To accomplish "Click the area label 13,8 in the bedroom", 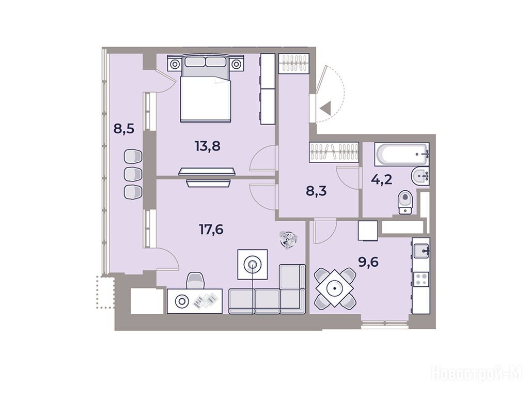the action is coord(208,146).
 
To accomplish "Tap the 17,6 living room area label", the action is coord(211,230).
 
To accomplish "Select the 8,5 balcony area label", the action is coord(124,129).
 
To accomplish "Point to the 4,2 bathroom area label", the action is coord(382,179).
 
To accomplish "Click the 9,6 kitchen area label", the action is coord(368,262).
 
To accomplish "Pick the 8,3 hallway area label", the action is coord(316,191).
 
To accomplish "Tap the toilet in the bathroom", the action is coord(405,202).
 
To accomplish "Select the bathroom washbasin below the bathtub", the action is coord(420,176).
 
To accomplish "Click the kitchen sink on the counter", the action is coord(421,251).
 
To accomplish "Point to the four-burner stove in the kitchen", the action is coord(421,280).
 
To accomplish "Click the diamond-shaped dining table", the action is coord(335,288).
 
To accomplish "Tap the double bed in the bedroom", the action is coord(206,89).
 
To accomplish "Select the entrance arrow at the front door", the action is coord(325,109).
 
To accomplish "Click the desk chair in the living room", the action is coord(196,281).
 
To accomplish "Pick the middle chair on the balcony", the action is coord(133,174).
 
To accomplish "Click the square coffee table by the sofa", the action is coord(252,265).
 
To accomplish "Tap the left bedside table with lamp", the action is coord(175,64).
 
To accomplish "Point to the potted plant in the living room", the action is coord(288,239).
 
